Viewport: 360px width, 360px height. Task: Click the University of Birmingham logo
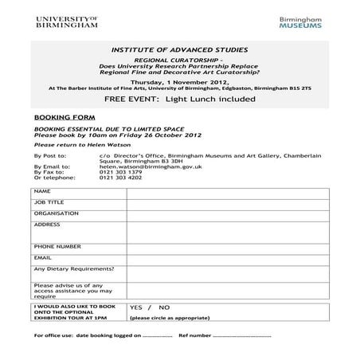[x=65, y=22]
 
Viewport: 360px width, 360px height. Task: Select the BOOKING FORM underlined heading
[x=54, y=115]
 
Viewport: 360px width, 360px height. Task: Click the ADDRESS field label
[x=47, y=225]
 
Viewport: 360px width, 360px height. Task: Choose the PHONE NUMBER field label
[x=57, y=247]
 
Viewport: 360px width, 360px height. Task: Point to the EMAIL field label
[x=43, y=258]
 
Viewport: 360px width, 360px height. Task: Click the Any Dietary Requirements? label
[x=73, y=269]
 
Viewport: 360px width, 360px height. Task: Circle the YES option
[x=135, y=307]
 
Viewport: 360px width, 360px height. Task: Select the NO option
[x=164, y=307]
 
